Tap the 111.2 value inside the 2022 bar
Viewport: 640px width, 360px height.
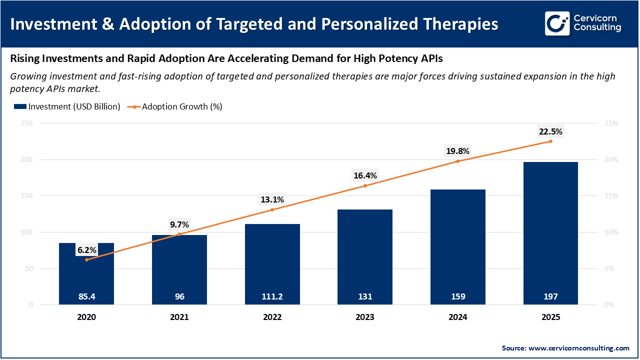pos(272,296)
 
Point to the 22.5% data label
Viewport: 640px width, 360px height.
pos(550,132)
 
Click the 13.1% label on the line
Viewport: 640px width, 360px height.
pos(272,199)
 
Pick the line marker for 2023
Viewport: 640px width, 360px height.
pos(365,185)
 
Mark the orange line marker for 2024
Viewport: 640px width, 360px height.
pos(458,161)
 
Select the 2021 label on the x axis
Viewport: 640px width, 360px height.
pos(179,317)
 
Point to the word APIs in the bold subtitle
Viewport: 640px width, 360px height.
pos(431,58)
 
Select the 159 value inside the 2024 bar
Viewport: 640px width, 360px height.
pos(458,296)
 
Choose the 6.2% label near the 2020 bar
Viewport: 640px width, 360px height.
pos(86,250)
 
